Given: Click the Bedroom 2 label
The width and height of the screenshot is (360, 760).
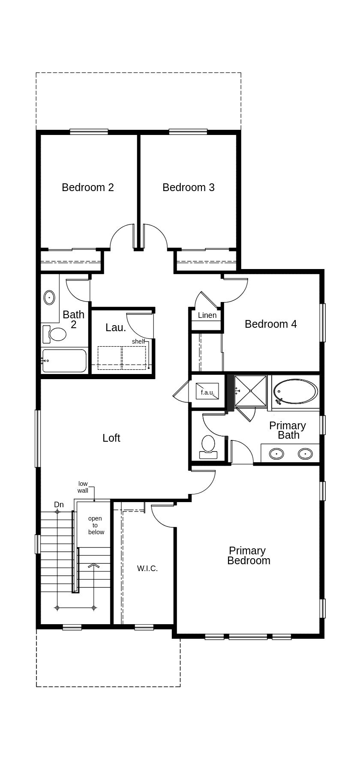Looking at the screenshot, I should click(x=88, y=187).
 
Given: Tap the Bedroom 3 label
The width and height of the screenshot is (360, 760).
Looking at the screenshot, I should click(x=189, y=187).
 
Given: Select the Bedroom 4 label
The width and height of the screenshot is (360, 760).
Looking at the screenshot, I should click(x=270, y=324).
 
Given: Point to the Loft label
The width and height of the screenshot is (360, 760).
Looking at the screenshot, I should click(x=111, y=438).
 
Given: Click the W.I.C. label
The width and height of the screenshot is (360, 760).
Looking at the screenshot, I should click(x=147, y=569).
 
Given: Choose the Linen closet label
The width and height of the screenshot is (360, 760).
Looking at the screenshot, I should click(x=207, y=315).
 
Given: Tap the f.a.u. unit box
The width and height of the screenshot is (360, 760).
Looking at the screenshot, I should click(x=208, y=392).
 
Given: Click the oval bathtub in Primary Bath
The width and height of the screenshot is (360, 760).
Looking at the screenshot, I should click(x=296, y=392).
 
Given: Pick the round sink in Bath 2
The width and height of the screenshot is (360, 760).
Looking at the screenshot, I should click(x=49, y=297).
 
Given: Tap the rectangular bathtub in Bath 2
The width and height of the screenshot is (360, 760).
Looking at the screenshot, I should click(x=64, y=361).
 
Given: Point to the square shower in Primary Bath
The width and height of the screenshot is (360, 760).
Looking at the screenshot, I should click(x=251, y=391).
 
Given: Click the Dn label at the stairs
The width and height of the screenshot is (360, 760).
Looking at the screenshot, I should click(x=59, y=505).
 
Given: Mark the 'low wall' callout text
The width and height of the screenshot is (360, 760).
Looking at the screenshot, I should click(x=83, y=487).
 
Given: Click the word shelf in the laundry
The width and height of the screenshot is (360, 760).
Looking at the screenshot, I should click(x=138, y=341).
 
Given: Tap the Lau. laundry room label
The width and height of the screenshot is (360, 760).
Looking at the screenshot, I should click(x=116, y=328).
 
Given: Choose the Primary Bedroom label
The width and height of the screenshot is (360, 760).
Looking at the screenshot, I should click(x=248, y=556).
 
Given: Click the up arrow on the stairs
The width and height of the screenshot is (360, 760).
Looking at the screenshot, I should click(x=93, y=566).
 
